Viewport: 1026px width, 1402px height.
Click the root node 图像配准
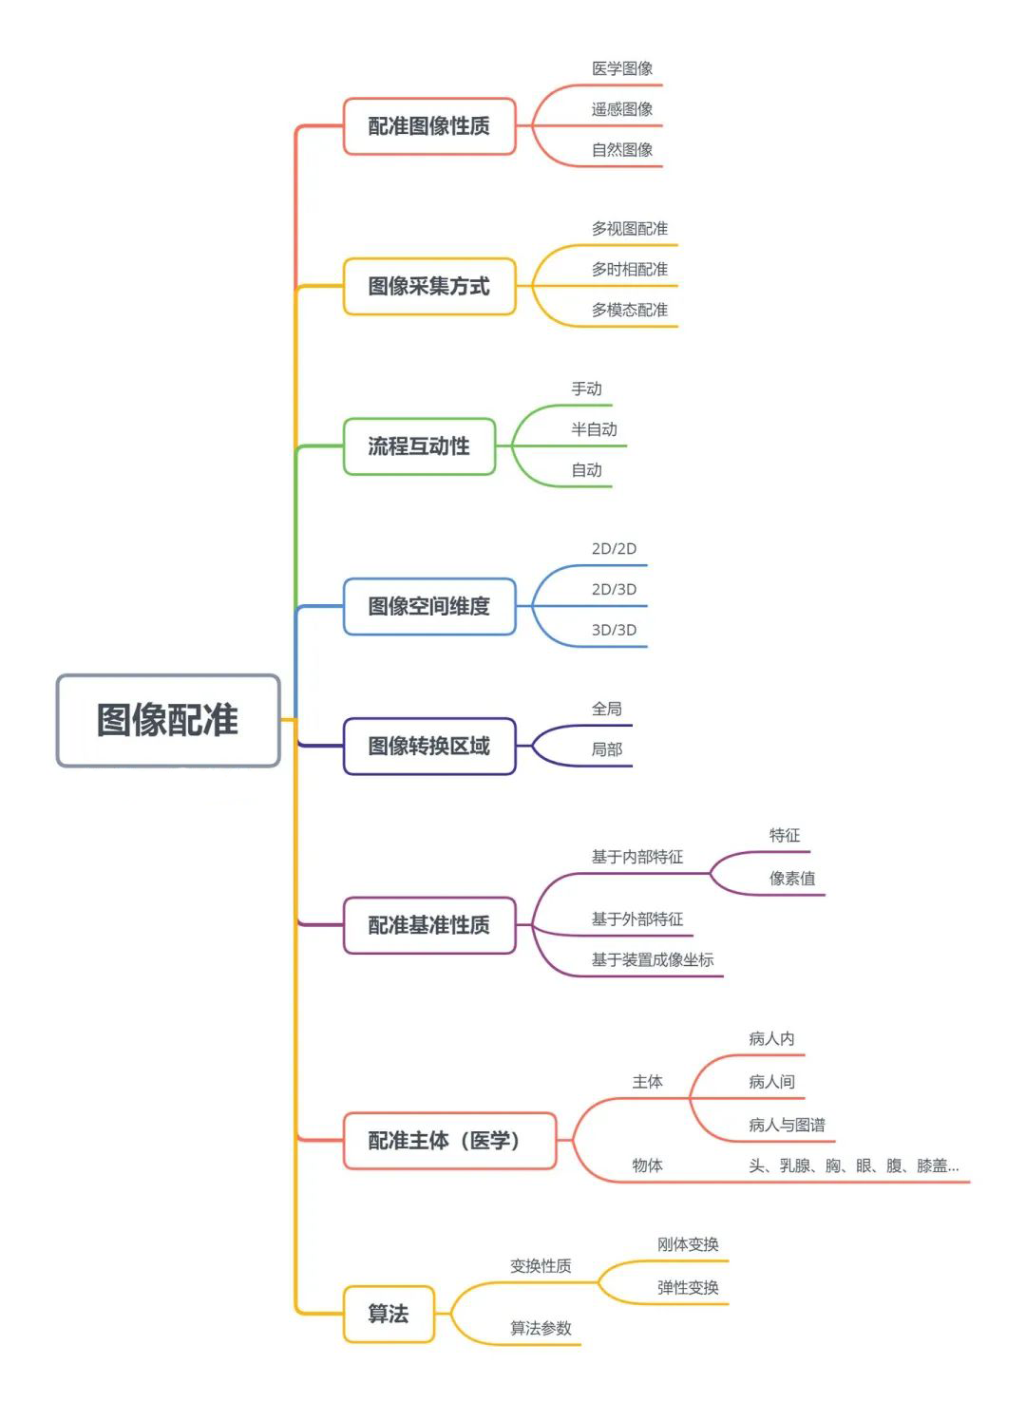pos(168,720)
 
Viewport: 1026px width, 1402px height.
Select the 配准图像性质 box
pos(428,125)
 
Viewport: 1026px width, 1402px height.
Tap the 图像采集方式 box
pos(428,286)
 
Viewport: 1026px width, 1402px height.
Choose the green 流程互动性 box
pos(419,445)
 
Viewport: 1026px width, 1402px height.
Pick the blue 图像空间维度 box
pos(428,606)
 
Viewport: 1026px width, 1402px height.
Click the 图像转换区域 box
pos(428,746)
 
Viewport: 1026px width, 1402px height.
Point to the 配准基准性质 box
pos(428,924)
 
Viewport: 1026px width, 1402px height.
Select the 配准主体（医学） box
pos(448,1140)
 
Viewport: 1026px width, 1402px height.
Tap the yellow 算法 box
pos(389,1314)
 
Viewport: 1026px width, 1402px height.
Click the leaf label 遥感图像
pos(622,109)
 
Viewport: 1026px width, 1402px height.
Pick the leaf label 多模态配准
pos(630,310)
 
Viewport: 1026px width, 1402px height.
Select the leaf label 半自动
pos(594,429)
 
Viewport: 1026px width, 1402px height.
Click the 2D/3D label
pos(614,589)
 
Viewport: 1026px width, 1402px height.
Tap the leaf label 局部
pos(607,749)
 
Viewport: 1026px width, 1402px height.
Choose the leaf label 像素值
pos(792,879)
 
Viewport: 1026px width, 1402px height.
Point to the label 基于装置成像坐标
pos(653,959)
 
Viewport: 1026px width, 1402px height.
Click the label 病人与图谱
pos(787,1125)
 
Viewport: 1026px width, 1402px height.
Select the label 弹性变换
pos(688,1287)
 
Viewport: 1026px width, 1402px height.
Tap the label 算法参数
pos(541,1328)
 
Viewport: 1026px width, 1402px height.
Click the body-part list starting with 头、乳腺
pos(853,1165)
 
